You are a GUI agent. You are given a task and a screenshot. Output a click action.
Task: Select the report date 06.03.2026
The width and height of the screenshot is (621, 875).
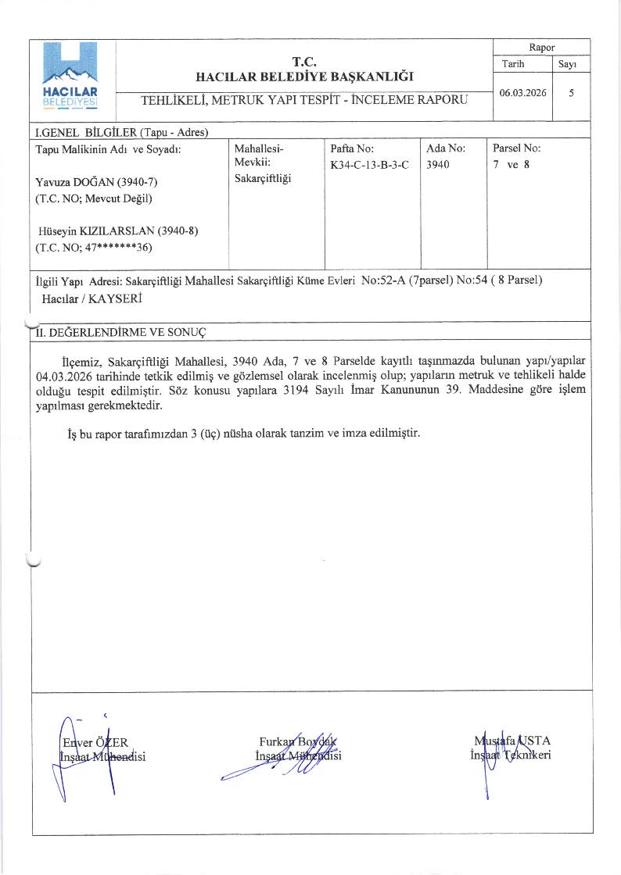pos(523,92)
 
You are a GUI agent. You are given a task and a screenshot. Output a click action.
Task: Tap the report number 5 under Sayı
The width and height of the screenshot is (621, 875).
pos(572,92)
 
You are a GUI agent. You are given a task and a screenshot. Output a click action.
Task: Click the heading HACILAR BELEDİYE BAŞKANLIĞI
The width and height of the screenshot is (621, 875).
pos(304,77)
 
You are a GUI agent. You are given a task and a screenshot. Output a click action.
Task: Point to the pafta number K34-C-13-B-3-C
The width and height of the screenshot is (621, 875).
pos(370,165)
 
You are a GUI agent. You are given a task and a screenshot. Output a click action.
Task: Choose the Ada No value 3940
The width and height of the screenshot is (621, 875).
pos(438,165)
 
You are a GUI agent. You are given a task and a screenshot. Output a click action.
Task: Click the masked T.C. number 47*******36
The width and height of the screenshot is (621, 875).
pos(119,248)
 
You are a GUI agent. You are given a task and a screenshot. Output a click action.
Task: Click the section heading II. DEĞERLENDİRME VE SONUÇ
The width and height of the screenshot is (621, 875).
pos(120,332)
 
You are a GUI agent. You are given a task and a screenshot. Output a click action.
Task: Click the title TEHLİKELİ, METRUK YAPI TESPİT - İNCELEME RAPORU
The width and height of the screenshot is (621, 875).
pos(304,100)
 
